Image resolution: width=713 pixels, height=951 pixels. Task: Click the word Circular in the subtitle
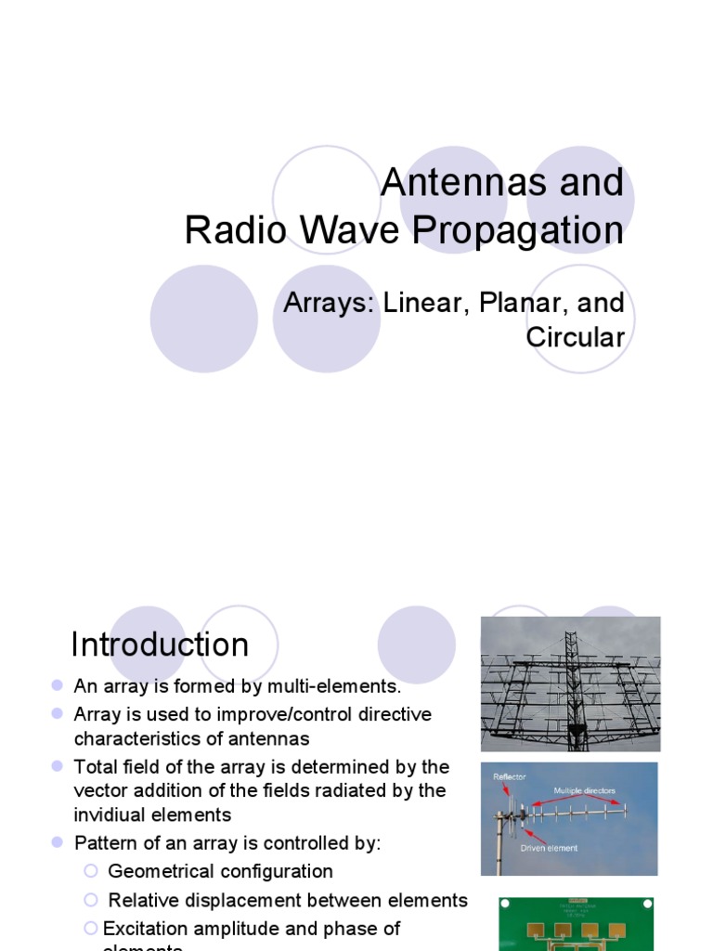tap(575, 337)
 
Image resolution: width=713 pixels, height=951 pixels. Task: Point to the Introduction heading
tap(160, 645)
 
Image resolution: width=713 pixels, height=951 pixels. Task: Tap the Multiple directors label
tap(584, 791)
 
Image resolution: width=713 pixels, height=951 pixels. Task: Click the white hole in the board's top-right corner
tap(642, 903)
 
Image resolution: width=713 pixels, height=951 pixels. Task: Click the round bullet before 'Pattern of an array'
tap(57, 842)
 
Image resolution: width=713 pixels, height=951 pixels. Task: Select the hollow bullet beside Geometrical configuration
tap(90, 871)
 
